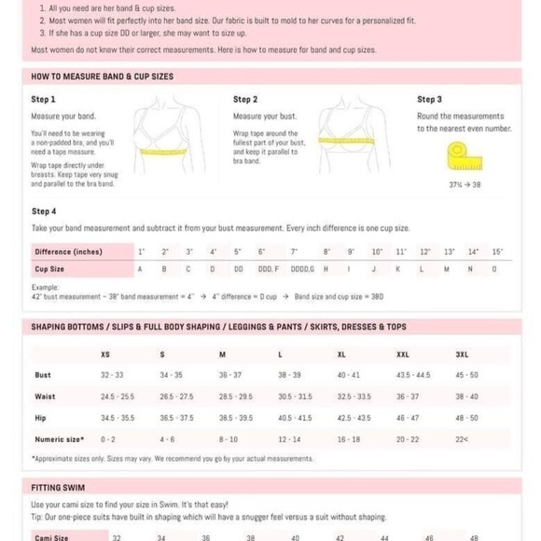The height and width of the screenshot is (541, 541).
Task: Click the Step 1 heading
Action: click(x=44, y=99)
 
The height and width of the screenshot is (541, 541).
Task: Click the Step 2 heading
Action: click(x=245, y=99)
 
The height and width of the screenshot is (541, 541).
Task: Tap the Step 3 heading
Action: click(x=429, y=99)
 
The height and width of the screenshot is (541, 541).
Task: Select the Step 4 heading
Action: click(x=44, y=212)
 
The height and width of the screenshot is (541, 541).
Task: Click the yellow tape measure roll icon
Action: click(x=458, y=156)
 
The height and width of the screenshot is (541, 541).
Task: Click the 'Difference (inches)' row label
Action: click(x=69, y=252)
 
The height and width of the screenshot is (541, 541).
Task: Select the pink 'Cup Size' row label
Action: click(x=49, y=269)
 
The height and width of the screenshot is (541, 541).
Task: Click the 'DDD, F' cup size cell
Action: click(x=268, y=269)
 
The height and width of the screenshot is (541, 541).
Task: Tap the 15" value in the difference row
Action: click(x=497, y=252)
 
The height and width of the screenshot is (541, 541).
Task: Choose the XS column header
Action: click(x=104, y=354)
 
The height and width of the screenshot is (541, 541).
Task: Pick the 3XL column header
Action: click(x=462, y=354)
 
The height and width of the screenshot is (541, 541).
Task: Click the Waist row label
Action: click(x=45, y=396)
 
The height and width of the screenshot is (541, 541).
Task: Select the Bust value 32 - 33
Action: click(x=112, y=375)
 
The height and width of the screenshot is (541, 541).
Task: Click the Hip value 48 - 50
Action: click(x=466, y=418)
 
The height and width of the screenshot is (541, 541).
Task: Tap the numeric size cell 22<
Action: click(x=462, y=438)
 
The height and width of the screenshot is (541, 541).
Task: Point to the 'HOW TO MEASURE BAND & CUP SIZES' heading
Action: click(x=103, y=76)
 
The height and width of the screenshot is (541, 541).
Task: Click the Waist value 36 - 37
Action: click(x=408, y=396)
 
